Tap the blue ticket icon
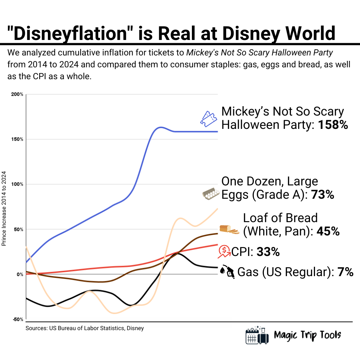click(209, 118)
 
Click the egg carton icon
click(211, 194)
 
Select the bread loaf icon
click(229, 229)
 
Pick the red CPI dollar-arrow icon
click(224, 252)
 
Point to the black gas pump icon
click(228, 271)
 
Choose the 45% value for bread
click(328, 231)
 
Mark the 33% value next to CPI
click(268, 252)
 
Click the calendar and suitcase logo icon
click(257, 336)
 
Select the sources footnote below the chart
click(85, 328)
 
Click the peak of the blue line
click(160, 127)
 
